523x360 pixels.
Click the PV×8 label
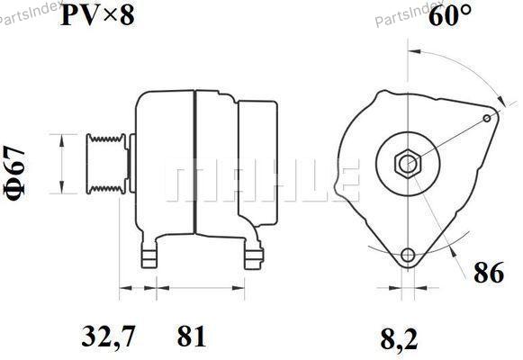click(x=97, y=15)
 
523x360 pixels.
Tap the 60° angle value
click(x=450, y=15)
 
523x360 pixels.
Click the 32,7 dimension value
click(x=109, y=337)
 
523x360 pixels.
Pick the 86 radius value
click(x=489, y=273)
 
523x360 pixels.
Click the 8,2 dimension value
click(x=399, y=339)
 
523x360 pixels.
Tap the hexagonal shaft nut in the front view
click(x=408, y=163)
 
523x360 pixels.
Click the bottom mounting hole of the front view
click(x=408, y=256)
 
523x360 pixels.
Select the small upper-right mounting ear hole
click(x=487, y=118)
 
